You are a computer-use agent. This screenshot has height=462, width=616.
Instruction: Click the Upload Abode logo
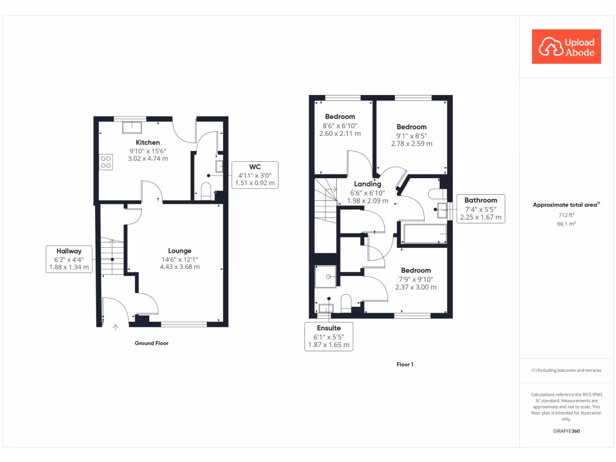click(x=567, y=47)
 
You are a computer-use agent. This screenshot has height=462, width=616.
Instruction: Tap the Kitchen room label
click(x=147, y=143)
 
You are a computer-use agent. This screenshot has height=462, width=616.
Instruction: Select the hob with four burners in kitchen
click(x=106, y=161)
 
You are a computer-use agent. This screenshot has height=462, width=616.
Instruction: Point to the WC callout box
click(x=254, y=174)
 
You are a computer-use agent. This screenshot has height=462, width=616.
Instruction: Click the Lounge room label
click(x=179, y=251)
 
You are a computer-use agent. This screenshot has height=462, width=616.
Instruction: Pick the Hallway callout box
click(x=69, y=259)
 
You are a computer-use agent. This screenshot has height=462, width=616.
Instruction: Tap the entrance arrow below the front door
click(x=115, y=327)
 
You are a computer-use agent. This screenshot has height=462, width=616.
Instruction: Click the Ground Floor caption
click(x=151, y=343)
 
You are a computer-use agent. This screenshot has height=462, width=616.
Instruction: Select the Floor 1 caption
click(x=405, y=365)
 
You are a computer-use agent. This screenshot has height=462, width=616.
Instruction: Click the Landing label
click(x=368, y=184)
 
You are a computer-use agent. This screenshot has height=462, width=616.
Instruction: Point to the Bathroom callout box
click(x=481, y=209)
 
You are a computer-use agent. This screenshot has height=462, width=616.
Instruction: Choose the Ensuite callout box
click(x=328, y=337)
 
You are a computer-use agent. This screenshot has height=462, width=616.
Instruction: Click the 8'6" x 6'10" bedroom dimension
click(x=340, y=126)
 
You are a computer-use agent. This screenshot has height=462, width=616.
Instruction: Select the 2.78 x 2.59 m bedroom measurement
click(x=411, y=144)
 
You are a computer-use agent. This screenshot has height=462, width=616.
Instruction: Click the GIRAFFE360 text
click(x=565, y=431)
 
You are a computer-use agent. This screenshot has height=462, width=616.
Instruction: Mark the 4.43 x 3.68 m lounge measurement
click(x=179, y=266)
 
